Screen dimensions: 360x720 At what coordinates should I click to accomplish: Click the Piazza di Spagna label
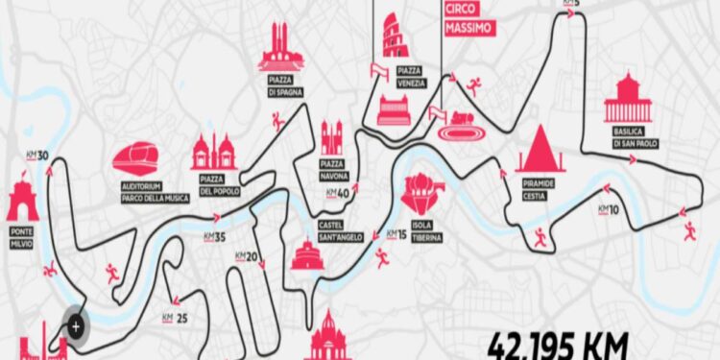pyautogui.click(x=280, y=87)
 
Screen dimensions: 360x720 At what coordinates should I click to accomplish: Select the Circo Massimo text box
pyautogui.click(x=469, y=19)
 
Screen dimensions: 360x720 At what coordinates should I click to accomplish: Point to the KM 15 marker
pyautogui.click(x=396, y=233)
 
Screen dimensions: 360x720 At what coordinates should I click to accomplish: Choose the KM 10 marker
pyautogui.click(x=608, y=208)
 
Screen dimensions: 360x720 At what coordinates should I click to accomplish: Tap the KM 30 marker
pyautogui.click(x=36, y=155)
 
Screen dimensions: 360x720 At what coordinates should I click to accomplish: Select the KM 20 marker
pyautogui.click(x=247, y=256)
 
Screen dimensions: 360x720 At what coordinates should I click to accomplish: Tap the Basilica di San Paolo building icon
pyautogui.click(x=628, y=98)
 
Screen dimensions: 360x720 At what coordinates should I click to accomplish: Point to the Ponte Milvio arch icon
pyautogui.click(x=22, y=200)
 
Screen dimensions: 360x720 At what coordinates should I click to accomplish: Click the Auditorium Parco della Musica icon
pyautogui.click(x=140, y=159)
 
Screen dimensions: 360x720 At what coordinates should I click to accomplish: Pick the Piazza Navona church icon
pyautogui.click(x=331, y=139)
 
